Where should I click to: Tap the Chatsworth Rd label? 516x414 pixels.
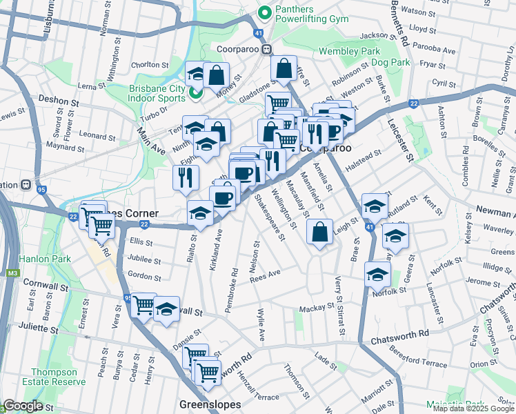[399, 337]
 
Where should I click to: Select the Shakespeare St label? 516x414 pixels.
[270, 219]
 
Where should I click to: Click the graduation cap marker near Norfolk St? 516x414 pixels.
[377, 275]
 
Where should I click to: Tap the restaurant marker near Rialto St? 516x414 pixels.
[185, 177]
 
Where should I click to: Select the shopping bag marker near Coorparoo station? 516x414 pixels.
[284, 69]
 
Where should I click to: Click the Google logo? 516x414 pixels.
[23, 406]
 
